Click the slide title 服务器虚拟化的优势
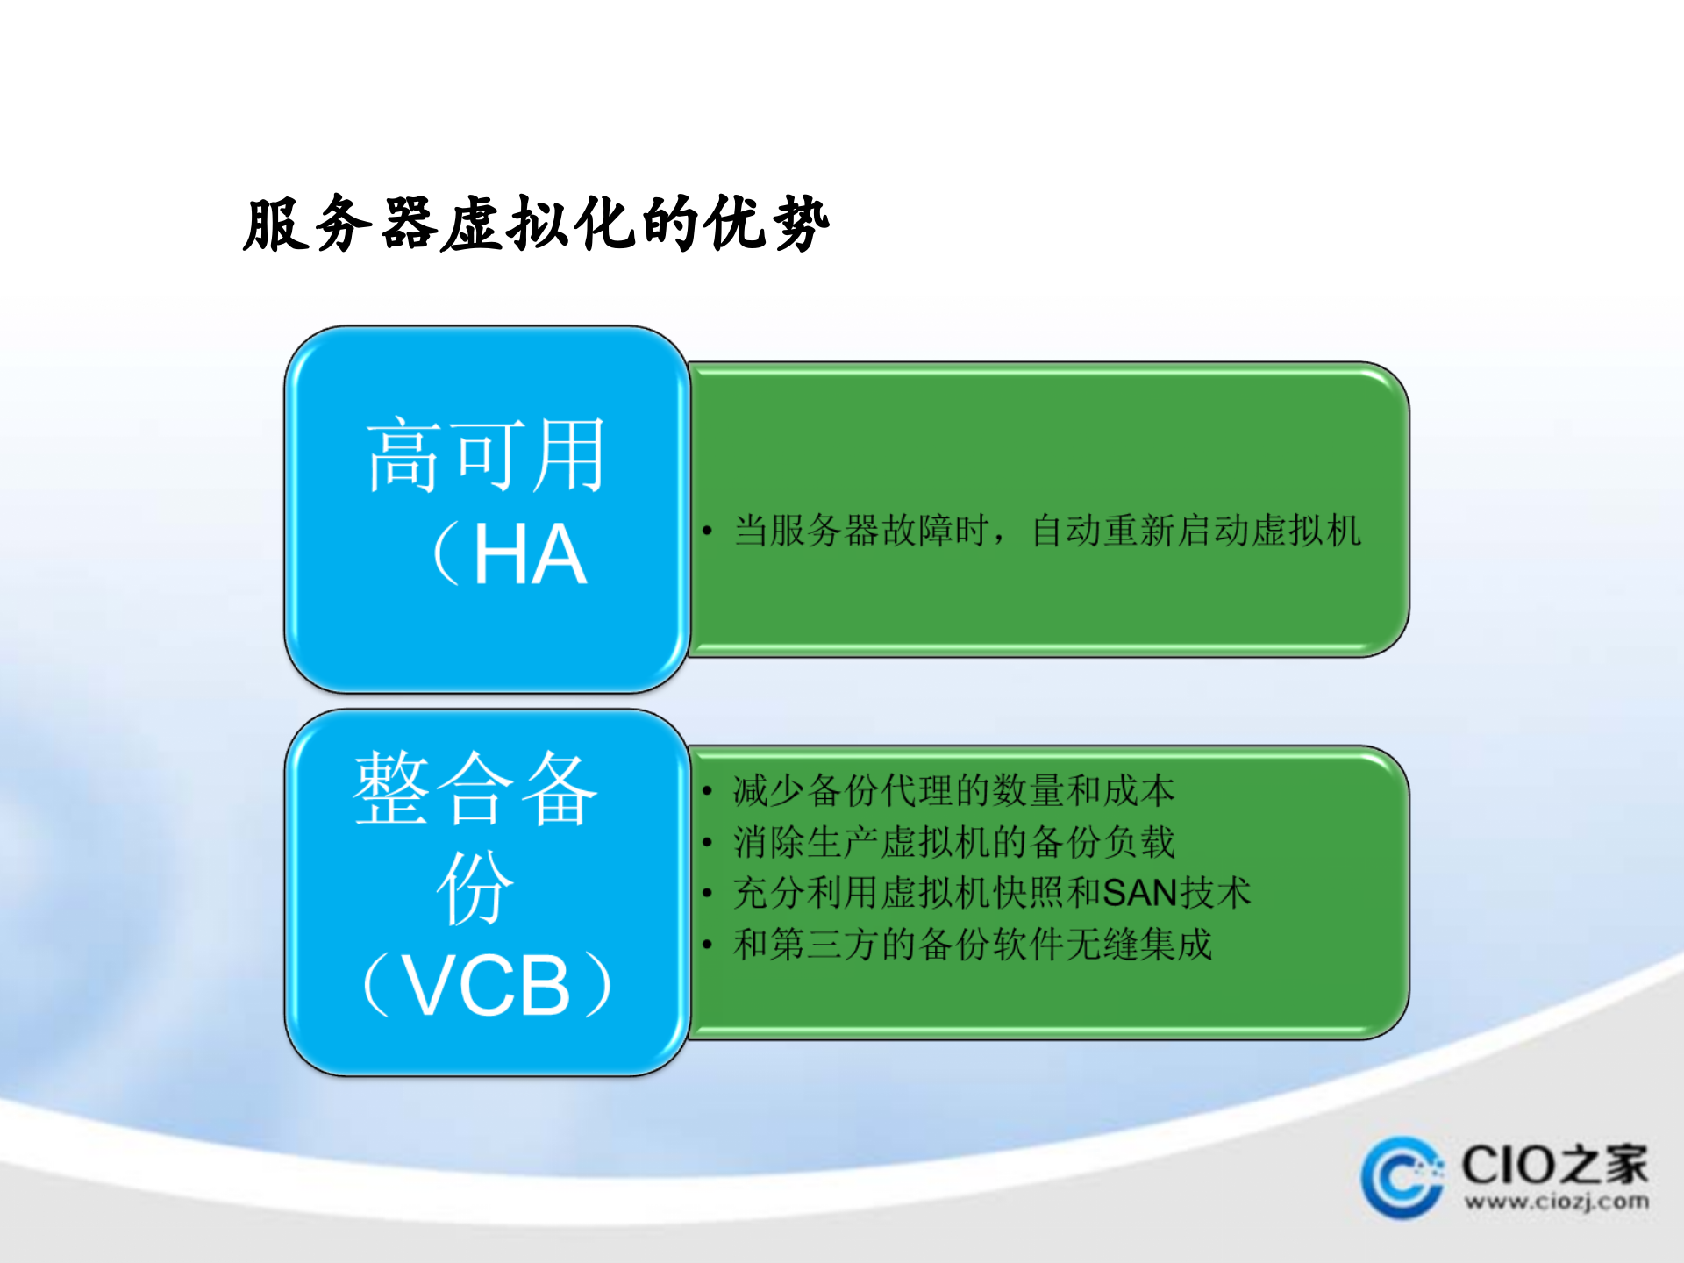click(536, 225)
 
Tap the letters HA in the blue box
click(530, 554)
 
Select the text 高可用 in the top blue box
click(485, 455)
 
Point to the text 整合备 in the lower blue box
click(475, 788)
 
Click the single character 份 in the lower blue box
click(475, 888)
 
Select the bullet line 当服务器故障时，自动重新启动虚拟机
click(1047, 531)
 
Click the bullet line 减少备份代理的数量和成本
click(953, 791)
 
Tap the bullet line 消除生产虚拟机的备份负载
click(953, 842)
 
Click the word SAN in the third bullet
click(1139, 894)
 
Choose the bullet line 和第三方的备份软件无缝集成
click(973, 945)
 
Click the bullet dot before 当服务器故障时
click(707, 531)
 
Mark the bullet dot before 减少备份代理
click(707, 791)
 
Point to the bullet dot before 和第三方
click(707, 945)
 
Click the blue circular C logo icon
click(1401, 1178)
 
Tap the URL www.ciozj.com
click(1556, 1202)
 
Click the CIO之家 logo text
click(1554, 1165)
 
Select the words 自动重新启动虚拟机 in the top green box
click(1196, 531)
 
